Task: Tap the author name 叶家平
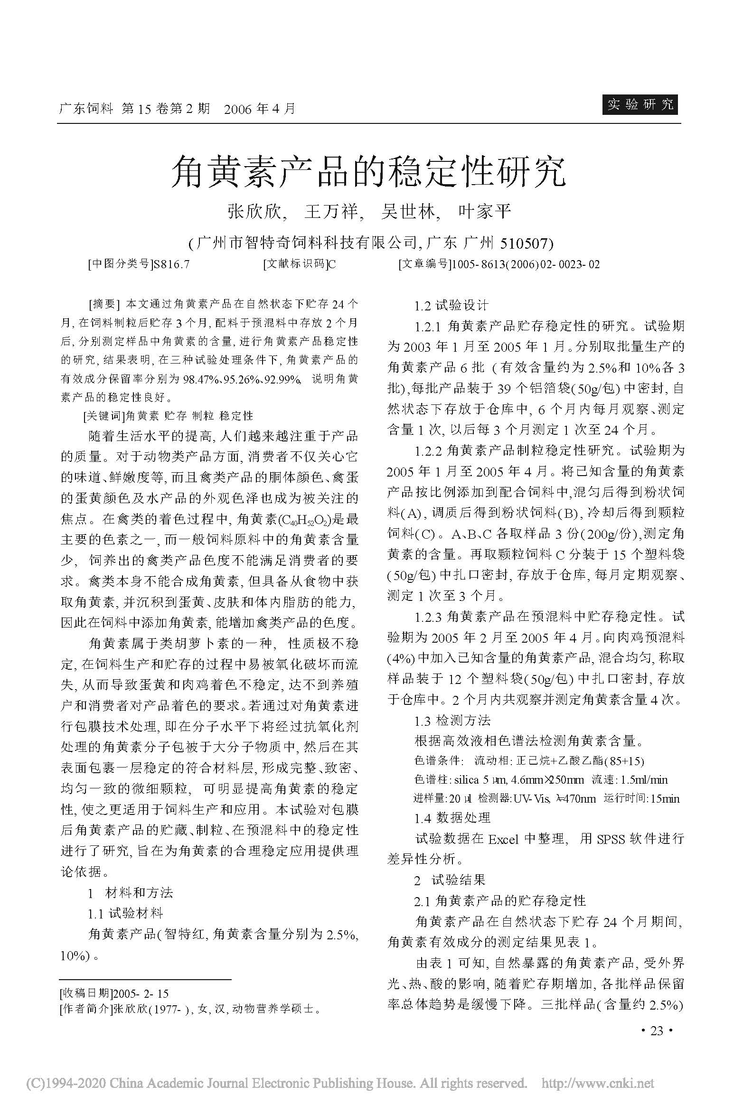click(484, 212)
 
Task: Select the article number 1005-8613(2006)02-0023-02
click(526, 264)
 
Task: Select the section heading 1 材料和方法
click(131, 893)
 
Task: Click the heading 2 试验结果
click(449, 880)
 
